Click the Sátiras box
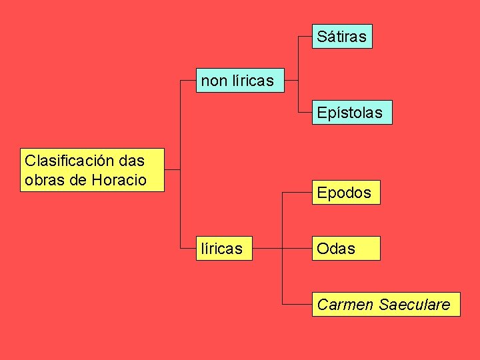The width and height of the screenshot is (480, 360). point(342,37)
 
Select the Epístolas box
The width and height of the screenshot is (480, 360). point(350,113)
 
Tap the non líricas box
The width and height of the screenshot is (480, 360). point(238,81)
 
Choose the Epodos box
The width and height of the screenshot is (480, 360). point(344,193)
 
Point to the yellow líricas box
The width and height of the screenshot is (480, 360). point(223,249)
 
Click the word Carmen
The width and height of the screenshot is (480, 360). point(345,305)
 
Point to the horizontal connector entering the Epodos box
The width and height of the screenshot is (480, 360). point(297,193)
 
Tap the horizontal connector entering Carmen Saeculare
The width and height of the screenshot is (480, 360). point(297,305)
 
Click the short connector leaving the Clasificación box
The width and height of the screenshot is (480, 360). point(172,169)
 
